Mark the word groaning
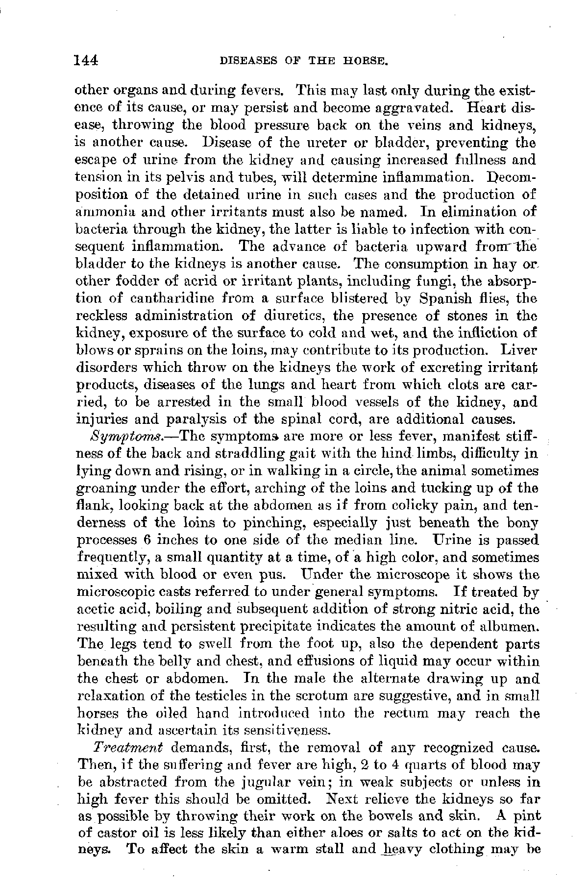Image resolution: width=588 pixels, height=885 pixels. pyautogui.click(x=106, y=489)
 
